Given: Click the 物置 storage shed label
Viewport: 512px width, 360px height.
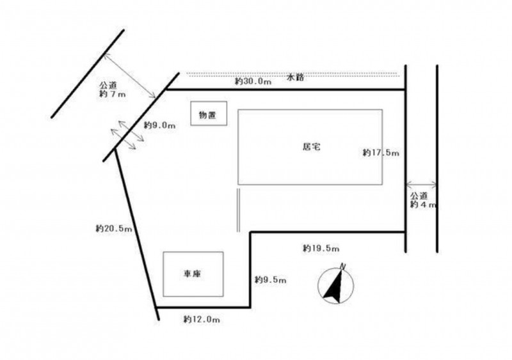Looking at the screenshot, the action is point(207,115).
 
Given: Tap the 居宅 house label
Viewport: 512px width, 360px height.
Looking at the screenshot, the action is point(312,147).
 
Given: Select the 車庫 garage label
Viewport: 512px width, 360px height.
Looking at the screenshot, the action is point(192,274).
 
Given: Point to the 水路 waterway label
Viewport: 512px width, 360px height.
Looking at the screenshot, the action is point(296,77).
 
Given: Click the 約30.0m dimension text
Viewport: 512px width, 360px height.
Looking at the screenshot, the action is point(253,81).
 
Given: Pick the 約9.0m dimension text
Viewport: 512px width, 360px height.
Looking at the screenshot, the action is point(159,125).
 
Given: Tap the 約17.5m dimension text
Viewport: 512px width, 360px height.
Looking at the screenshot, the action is point(381,152).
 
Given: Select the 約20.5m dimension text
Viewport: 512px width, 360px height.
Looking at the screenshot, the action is point(114,228).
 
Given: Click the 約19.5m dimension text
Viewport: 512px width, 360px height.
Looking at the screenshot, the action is point(321,248).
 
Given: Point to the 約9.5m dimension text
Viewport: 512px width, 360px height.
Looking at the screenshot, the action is point(270,279).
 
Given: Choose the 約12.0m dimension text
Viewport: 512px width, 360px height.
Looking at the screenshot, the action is point(202,319).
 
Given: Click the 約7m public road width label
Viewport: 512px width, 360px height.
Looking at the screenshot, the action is point(113,95).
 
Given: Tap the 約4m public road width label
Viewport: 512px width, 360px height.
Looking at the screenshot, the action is point(423,205).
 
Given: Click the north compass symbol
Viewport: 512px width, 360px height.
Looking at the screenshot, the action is point(335,286).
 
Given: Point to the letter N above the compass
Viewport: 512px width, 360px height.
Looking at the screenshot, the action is point(343,266).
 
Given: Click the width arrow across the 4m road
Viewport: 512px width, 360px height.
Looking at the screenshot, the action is point(421,185).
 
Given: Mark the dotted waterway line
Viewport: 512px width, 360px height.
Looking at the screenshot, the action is point(293,74).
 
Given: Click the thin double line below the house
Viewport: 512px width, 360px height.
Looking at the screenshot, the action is point(239,210).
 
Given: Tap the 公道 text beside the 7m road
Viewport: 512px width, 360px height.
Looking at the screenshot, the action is point(108,86).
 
